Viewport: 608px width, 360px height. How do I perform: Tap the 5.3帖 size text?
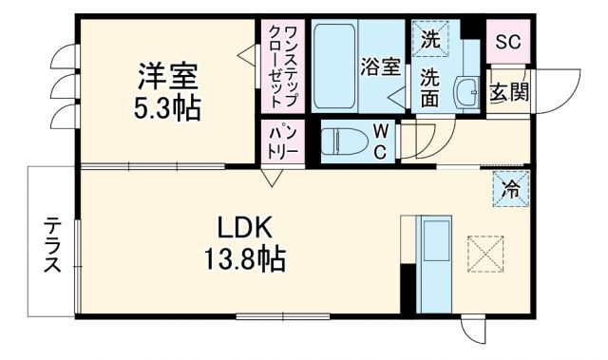(x=166, y=107)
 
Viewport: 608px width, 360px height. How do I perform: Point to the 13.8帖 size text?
(x=246, y=256)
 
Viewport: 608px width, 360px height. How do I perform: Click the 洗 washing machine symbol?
(x=430, y=40)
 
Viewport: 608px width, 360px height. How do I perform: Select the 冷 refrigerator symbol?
(x=510, y=188)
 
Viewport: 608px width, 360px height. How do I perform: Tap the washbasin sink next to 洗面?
(x=465, y=93)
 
